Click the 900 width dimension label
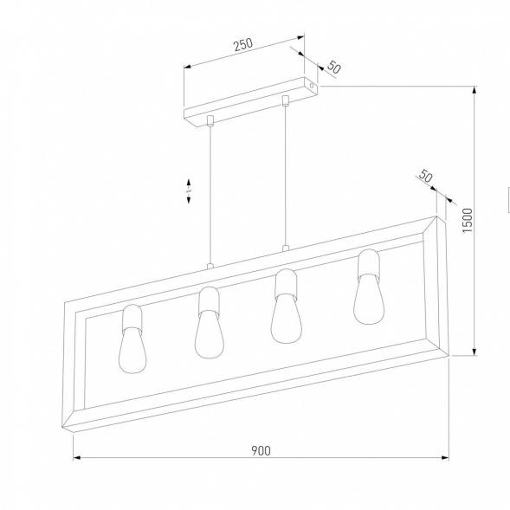(261, 449)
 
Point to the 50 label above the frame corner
(425, 177)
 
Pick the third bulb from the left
(284, 317)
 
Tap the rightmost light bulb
(368, 300)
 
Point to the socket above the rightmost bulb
(369, 262)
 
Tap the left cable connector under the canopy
(210, 118)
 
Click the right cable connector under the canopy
(285, 101)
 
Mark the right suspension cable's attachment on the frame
(285, 250)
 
